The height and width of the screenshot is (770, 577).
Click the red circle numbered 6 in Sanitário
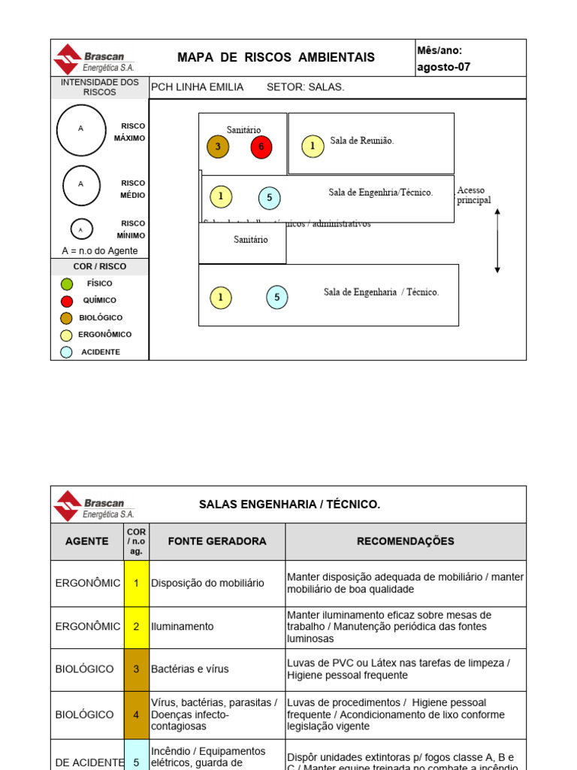point(261,147)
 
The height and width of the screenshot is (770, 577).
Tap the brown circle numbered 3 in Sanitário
point(218,147)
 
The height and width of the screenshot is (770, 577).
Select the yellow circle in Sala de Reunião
point(313,147)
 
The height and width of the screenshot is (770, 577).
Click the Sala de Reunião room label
point(361,141)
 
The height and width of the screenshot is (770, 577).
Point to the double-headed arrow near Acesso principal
point(497,241)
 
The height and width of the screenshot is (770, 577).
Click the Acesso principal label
point(473,196)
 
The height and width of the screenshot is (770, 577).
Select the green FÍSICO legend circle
point(67,284)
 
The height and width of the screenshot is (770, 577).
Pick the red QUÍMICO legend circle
point(67,301)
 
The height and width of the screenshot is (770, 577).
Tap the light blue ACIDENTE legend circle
point(67,352)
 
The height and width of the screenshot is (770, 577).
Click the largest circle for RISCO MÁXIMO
point(81,130)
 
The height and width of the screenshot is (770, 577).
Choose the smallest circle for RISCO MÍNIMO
point(81,229)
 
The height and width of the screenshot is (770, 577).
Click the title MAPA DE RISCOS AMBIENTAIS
point(276,58)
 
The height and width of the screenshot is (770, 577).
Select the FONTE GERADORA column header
point(216,541)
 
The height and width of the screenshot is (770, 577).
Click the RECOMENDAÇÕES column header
point(405,541)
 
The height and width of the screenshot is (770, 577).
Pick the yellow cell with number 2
point(136,627)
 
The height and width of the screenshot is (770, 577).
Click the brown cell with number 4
point(136,715)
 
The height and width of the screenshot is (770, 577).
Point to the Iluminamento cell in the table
point(183,627)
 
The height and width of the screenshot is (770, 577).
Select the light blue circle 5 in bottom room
point(277,297)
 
